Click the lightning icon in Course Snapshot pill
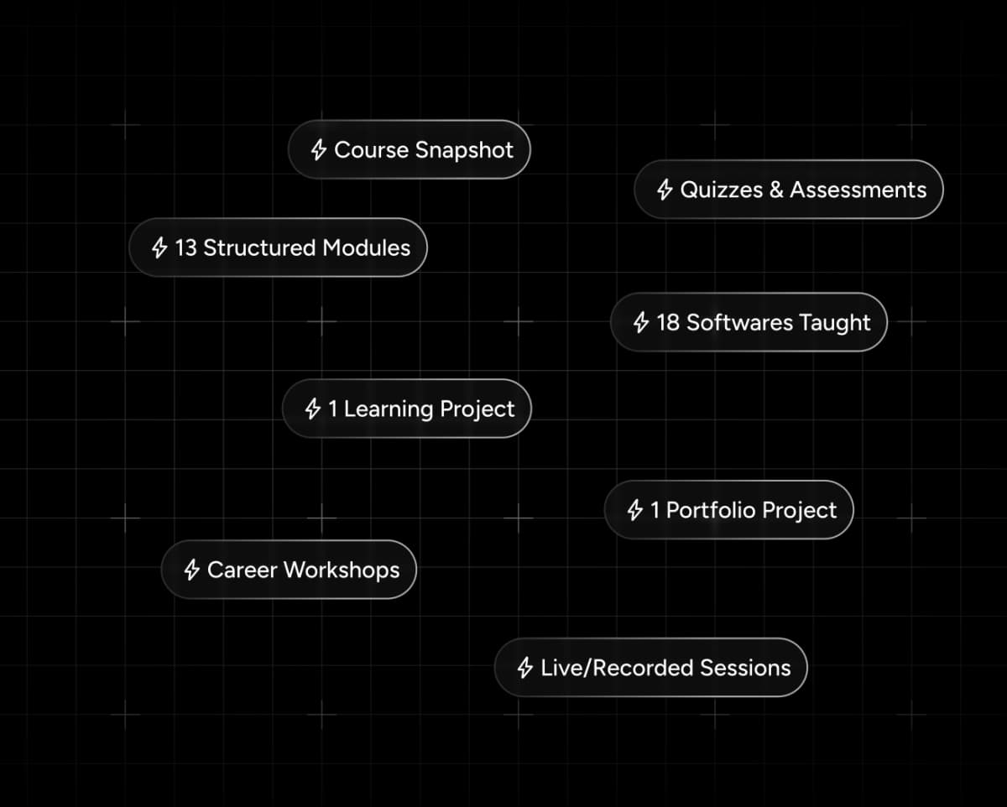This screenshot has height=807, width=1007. (x=318, y=150)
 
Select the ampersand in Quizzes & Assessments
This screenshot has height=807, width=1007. (x=775, y=190)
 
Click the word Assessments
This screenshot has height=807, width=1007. (x=858, y=190)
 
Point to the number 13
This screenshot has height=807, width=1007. (x=185, y=248)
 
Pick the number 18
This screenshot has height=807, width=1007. (x=668, y=323)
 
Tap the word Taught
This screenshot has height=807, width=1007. (x=835, y=323)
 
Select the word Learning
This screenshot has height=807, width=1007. (x=388, y=409)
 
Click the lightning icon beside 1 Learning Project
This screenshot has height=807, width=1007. (x=313, y=409)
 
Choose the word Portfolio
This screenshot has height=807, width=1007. (x=707, y=511)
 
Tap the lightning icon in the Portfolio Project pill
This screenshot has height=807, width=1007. (x=635, y=510)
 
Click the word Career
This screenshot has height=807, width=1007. (x=242, y=570)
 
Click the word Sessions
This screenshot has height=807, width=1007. (x=745, y=669)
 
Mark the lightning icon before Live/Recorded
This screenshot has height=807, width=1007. (x=525, y=669)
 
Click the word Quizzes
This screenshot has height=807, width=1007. (x=721, y=190)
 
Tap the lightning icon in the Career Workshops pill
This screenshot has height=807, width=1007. (x=191, y=570)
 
